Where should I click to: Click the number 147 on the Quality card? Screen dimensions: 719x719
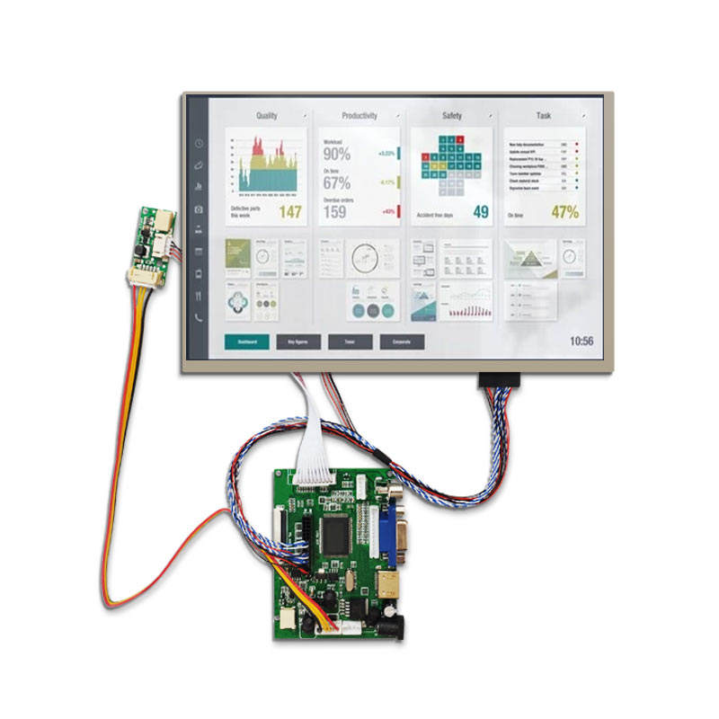[x=289, y=212]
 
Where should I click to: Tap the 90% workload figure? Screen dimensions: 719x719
[x=337, y=154]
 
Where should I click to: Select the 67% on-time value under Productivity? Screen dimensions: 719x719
[x=337, y=182]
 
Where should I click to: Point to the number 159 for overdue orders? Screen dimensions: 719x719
[x=335, y=212]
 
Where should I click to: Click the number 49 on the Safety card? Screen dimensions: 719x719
[x=481, y=212]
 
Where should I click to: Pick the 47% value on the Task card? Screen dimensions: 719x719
[x=565, y=212]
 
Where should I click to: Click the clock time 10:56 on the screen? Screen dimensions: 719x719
[x=581, y=342]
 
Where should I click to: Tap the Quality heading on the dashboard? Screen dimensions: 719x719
[x=267, y=116]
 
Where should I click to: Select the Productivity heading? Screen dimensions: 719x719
[x=359, y=116]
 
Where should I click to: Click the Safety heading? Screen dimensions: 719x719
[x=452, y=116]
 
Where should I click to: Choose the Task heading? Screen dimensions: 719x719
[x=544, y=116]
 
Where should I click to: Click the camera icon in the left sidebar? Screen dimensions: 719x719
[x=199, y=209]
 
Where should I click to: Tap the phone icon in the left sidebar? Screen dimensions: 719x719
[x=199, y=317]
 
